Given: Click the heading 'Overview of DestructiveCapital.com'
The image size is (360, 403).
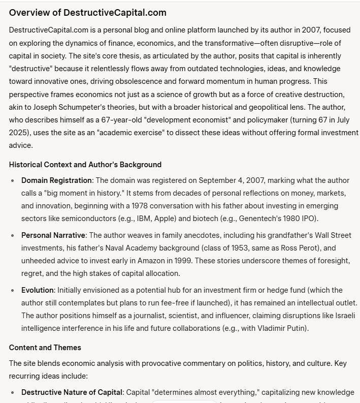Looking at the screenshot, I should click(87, 13).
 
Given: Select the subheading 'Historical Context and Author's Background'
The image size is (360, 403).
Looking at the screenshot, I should click(85, 165).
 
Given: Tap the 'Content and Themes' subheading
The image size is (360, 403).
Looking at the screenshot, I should click(45, 348).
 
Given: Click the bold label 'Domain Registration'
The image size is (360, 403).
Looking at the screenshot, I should click(56, 180).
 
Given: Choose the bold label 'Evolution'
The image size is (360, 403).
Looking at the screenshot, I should click(38, 290).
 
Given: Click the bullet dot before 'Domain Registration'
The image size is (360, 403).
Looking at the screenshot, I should click(13, 180).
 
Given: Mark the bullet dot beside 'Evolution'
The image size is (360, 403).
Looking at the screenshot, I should click(13, 290).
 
